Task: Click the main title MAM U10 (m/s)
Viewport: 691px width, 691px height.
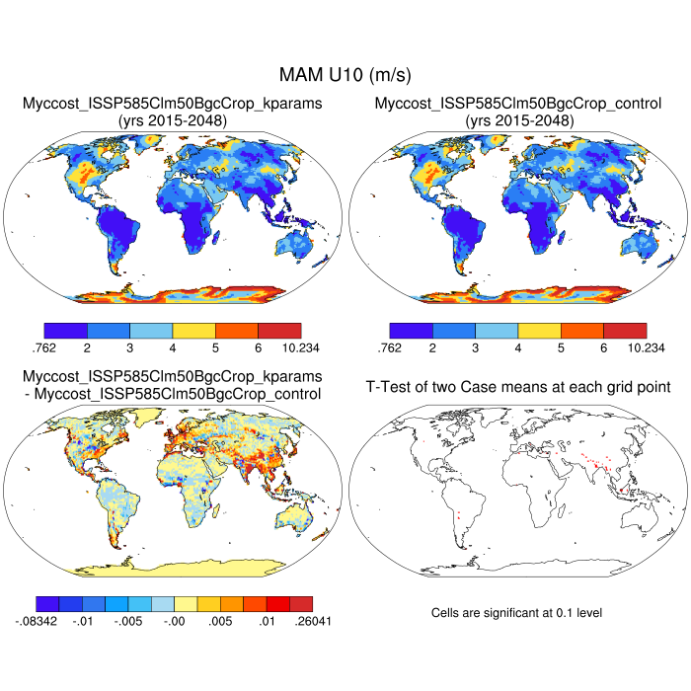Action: pyautogui.click(x=345, y=75)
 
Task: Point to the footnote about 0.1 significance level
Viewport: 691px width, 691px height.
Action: pyautogui.click(x=516, y=613)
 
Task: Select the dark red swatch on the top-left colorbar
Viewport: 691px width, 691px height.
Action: pyautogui.click(x=279, y=330)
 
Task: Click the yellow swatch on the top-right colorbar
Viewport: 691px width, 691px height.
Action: pyautogui.click(x=539, y=330)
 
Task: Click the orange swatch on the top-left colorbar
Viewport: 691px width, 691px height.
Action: pyautogui.click(x=237, y=330)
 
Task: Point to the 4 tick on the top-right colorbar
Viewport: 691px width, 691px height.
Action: pyautogui.click(x=517, y=347)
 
